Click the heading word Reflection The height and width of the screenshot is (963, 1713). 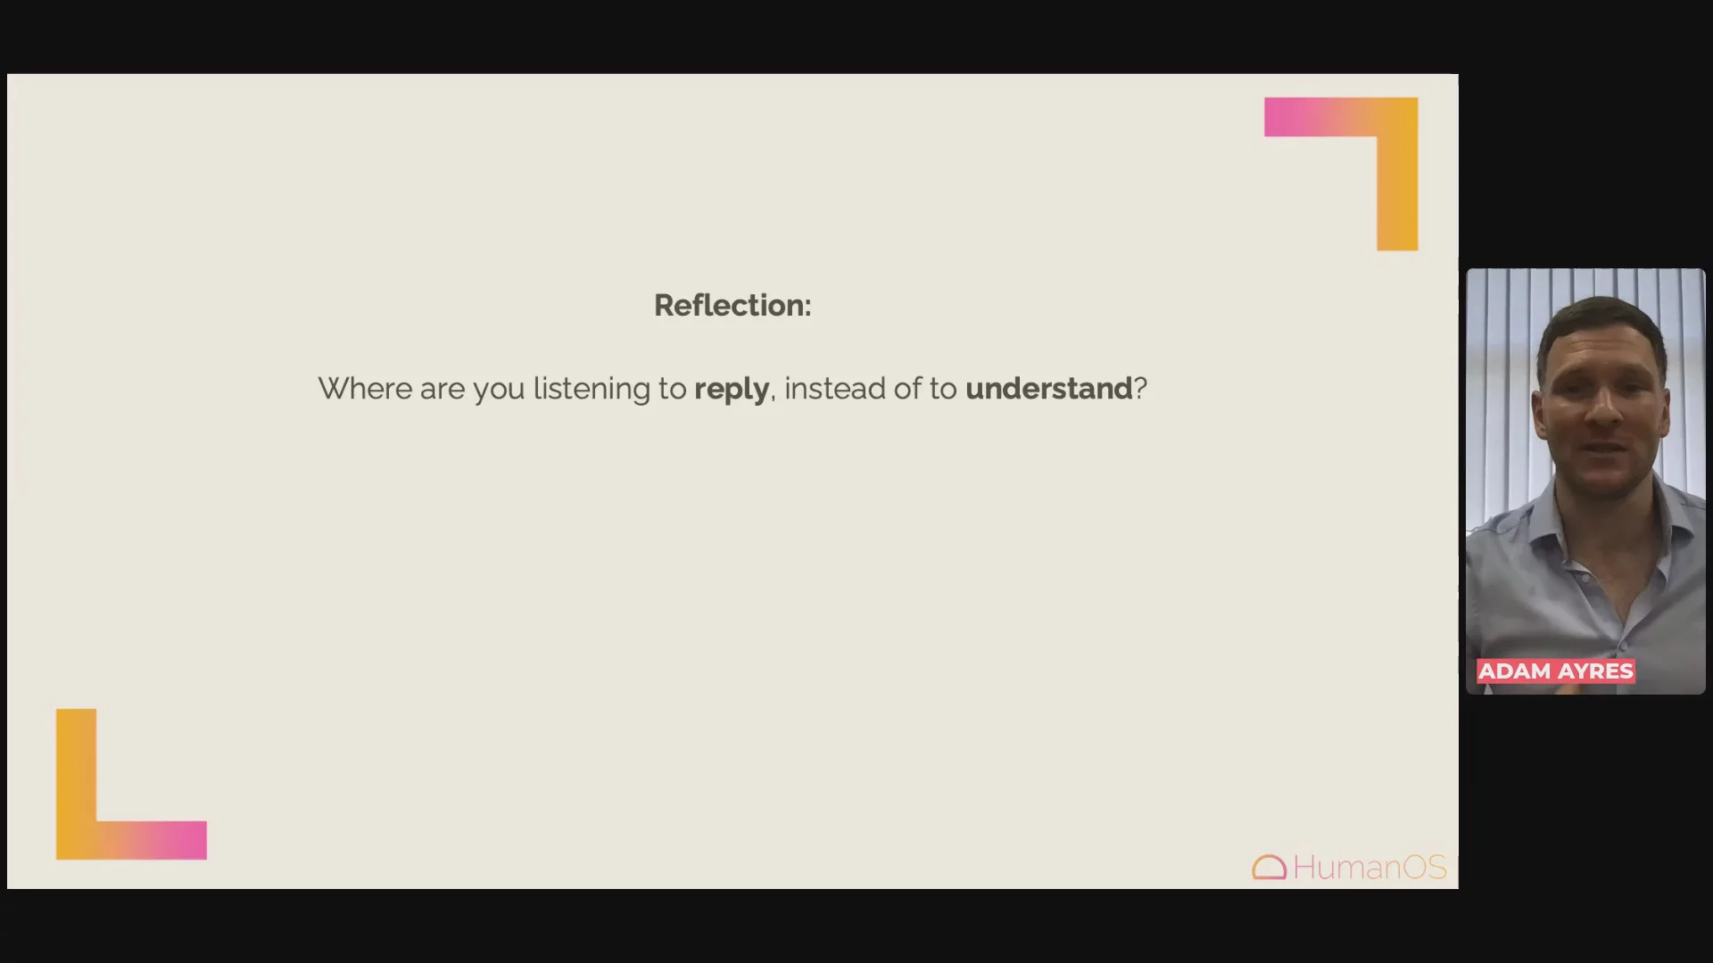tap(730, 305)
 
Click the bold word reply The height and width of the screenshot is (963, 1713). tap(732, 391)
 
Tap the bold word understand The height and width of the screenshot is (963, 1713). tap(1048, 389)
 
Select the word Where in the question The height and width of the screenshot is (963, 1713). tap(365, 389)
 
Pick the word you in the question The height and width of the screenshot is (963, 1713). tap(499, 391)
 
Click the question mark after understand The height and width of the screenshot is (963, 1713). tap(1140, 389)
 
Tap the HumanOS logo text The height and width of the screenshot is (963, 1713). tap(1370, 868)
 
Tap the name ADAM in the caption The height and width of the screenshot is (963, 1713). tap(1515, 671)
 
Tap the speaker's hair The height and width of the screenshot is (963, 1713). tap(1601, 321)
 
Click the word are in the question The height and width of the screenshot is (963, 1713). tap(443, 391)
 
